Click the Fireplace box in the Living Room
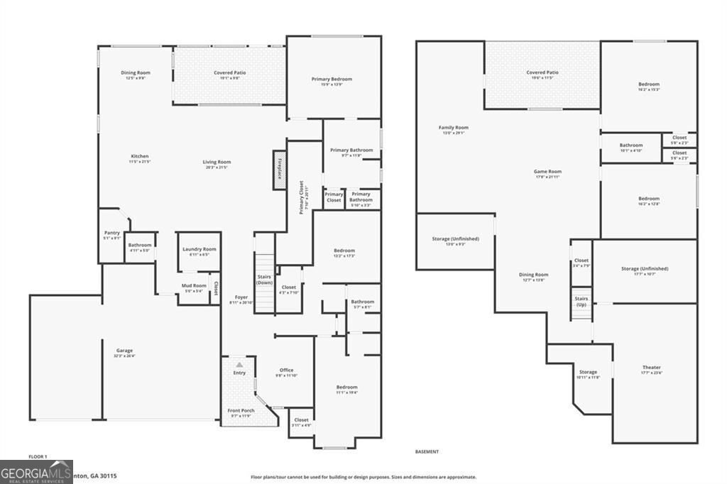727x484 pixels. pos(280,170)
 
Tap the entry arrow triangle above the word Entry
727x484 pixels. pos(239,364)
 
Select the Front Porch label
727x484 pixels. pos(240,412)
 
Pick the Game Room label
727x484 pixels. pos(547,173)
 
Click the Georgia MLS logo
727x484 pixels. pos(36,472)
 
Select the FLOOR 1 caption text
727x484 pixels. pos(38,456)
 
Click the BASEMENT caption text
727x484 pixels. pos(427,451)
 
